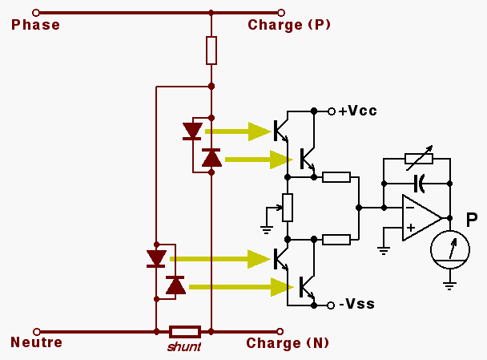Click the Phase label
pyautogui.click(x=35, y=25)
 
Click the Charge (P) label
pyautogui.click(x=289, y=25)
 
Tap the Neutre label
pyautogui.click(x=36, y=343)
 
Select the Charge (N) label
pyautogui.click(x=288, y=343)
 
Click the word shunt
pyautogui.click(x=183, y=346)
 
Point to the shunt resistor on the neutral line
pyautogui.click(x=185, y=330)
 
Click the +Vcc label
pyautogui.click(x=357, y=111)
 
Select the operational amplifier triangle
pyautogui.click(x=421, y=217)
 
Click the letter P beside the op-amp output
pyautogui.click(x=472, y=219)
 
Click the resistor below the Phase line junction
pyautogui.click(x=211, y=51)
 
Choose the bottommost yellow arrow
pyautogui.click(x=240, y=286)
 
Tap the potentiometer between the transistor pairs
pyautogui.click(x=288, y=208)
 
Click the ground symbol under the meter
pyautogui.click(x=449, y=283)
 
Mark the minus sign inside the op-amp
pyautogui.click(x=410, y=208)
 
